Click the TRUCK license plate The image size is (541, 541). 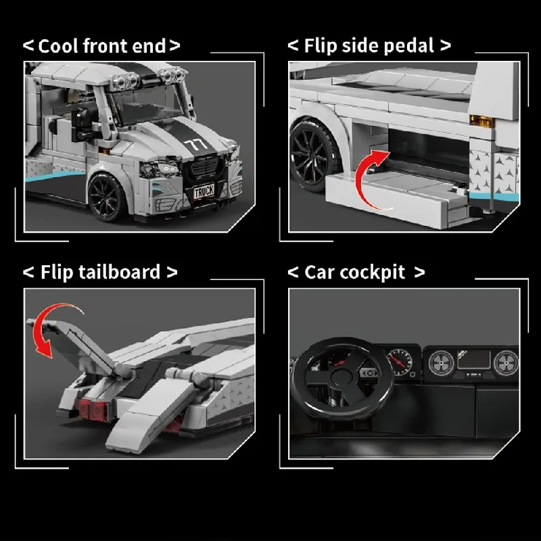(204, 192)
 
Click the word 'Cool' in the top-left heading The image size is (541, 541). (57, 46)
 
